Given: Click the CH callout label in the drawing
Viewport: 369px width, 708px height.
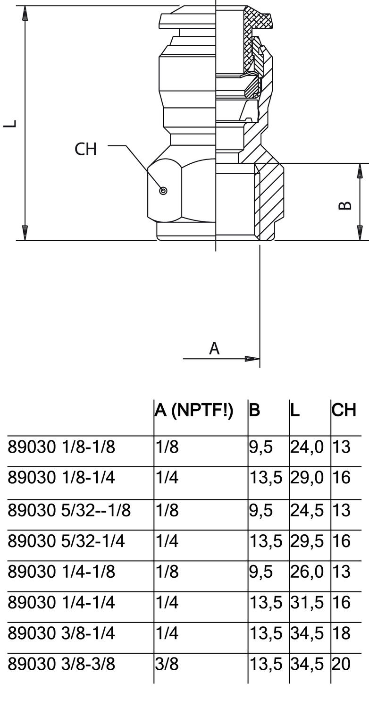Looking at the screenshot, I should pos(85,149).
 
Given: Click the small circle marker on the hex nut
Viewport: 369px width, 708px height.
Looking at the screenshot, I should pos(163,191).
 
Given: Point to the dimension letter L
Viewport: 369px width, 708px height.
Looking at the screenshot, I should pos(10,124).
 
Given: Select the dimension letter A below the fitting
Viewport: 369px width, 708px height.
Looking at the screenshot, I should pos(214,348).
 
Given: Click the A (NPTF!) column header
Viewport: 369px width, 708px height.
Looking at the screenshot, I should pos(194,410).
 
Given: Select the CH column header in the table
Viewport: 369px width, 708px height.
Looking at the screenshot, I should pos(344,410).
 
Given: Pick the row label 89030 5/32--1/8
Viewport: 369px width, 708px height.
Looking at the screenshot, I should pos(69,510).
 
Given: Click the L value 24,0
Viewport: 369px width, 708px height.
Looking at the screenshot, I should pos(307,447).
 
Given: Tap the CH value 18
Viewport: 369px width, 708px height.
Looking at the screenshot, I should pos(341,633).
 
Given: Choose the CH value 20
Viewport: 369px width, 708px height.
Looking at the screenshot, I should pos(341,664).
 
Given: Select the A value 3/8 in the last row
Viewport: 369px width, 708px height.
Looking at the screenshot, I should pos(167,664).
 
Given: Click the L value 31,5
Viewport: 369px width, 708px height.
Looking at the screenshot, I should pos(307,602).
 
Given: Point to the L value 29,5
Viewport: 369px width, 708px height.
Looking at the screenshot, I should pos(307,541).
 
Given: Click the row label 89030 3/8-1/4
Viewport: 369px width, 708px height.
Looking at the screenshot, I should pos(61,633).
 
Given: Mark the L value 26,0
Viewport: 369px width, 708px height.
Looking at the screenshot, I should pos(307,572).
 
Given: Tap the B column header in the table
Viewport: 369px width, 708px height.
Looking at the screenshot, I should pos(254,410).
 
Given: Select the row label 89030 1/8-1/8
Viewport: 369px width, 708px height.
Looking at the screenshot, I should pos(61,447).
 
